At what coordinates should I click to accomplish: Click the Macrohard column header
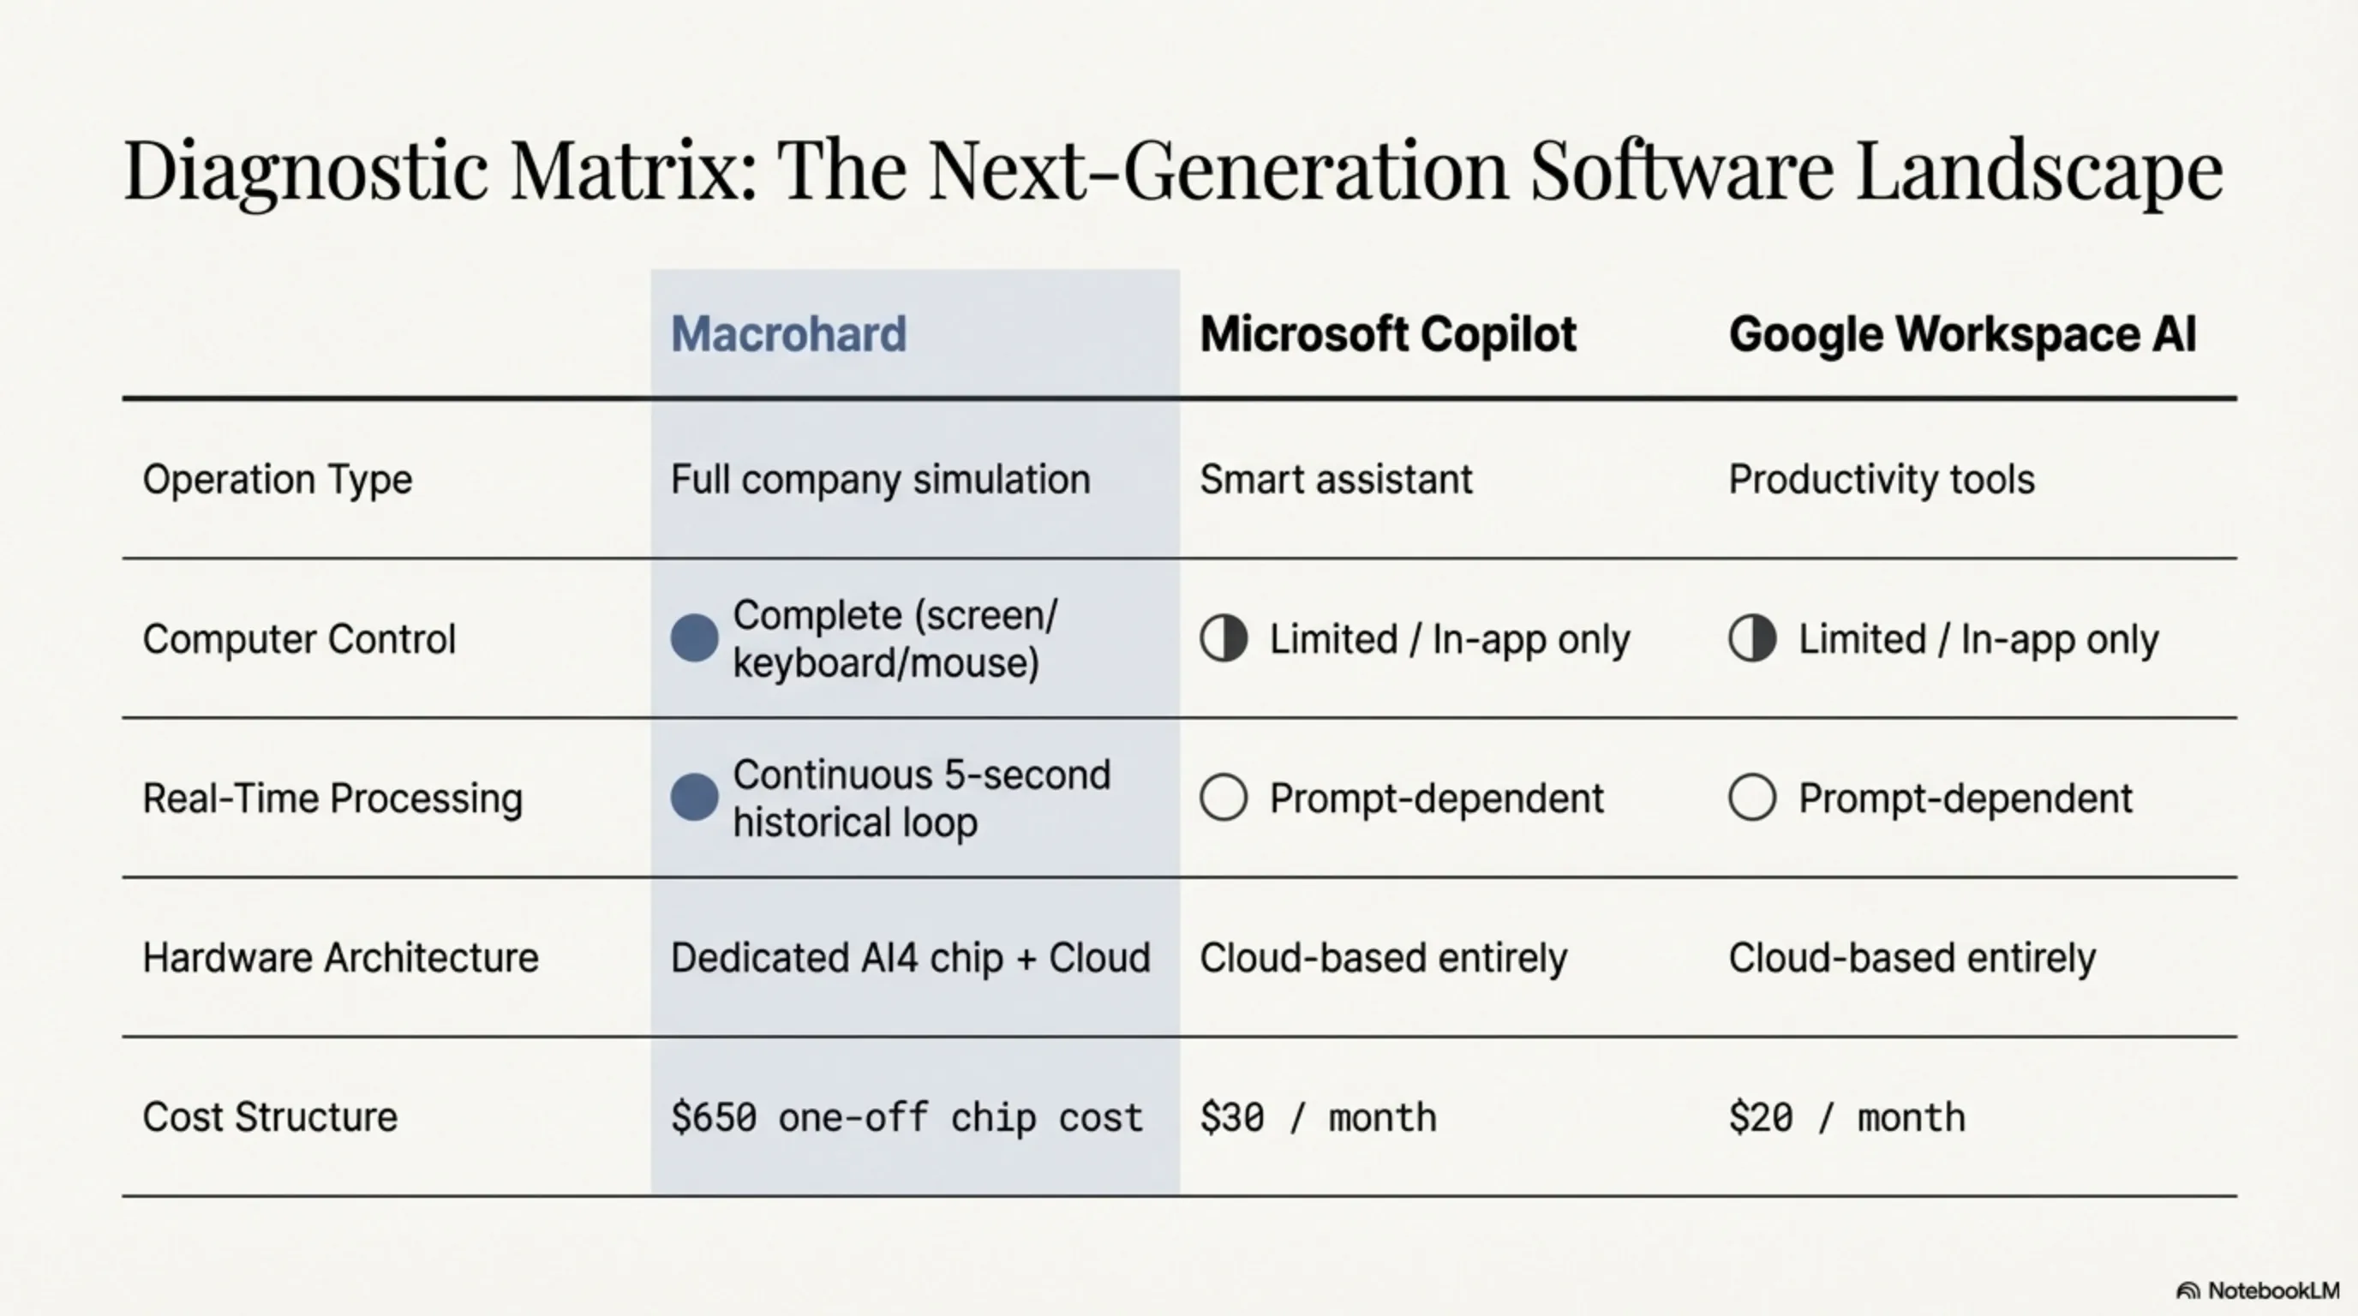coord(788,334)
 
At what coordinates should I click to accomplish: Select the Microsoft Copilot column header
coord(1388,334)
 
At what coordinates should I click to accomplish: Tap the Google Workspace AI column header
coord(1961,334)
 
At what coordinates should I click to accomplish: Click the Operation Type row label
coord(278,480)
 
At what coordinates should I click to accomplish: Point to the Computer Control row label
coord(298,639)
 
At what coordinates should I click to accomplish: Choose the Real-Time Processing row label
coord(332,798)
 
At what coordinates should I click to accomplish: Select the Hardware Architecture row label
coord(340,958)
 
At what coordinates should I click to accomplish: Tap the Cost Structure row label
coord(270,1117)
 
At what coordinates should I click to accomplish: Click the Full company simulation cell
coord(880,480)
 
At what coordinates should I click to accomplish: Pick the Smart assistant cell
coord(1336,480)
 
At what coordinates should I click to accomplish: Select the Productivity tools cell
coord(1881,480)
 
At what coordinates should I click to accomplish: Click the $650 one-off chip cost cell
coord(907,1117)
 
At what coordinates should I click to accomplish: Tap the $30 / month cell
coord(1318,1117)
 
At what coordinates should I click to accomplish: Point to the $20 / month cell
coord(1846,1117)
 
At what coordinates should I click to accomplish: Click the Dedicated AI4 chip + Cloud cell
coord(910,958)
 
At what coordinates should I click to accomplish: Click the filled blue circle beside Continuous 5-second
coord(694,797)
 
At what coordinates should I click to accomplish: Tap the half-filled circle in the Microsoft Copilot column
coord(1224,638)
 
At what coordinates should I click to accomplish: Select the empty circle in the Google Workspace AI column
coord(1752,797)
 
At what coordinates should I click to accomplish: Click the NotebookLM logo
coord(2257,1290)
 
